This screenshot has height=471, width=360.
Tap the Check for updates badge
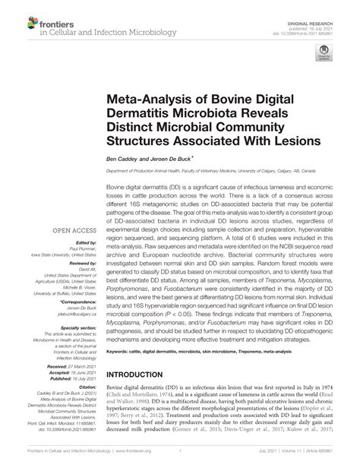click(x=323, y=54)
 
